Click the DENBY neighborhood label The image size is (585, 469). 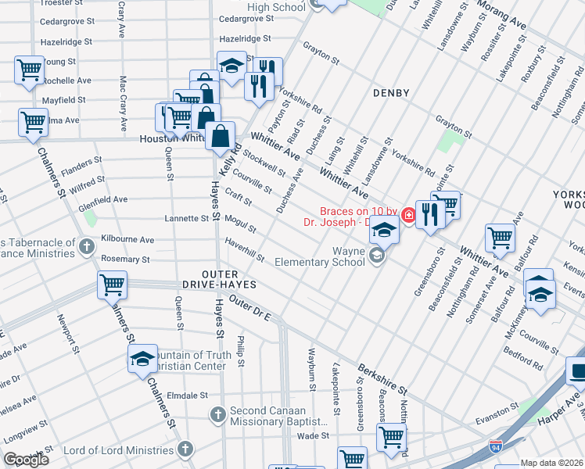tap(392, 93)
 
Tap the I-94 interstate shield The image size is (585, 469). tap(496, 446)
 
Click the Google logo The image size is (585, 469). tap(26, 460)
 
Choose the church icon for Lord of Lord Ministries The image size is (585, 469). tap(185, 449)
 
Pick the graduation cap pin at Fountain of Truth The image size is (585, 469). tap(142, 360)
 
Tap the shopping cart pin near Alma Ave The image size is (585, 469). tap(34, 122)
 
